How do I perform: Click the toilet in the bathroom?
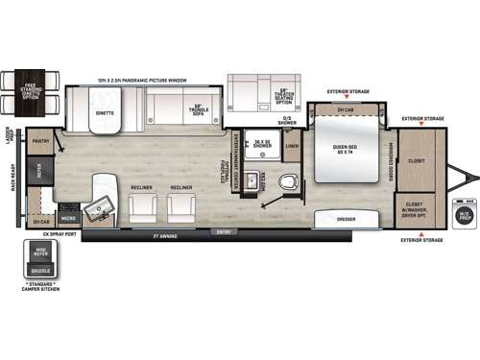click(285, 180)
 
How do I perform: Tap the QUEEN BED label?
click(346, 147)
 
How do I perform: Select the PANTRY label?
click(39, 141)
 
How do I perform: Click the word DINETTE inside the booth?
click(105, 113)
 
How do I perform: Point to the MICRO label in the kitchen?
click(68, 220)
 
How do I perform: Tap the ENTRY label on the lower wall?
click(225, 231)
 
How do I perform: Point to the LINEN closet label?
click(292, 146)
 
